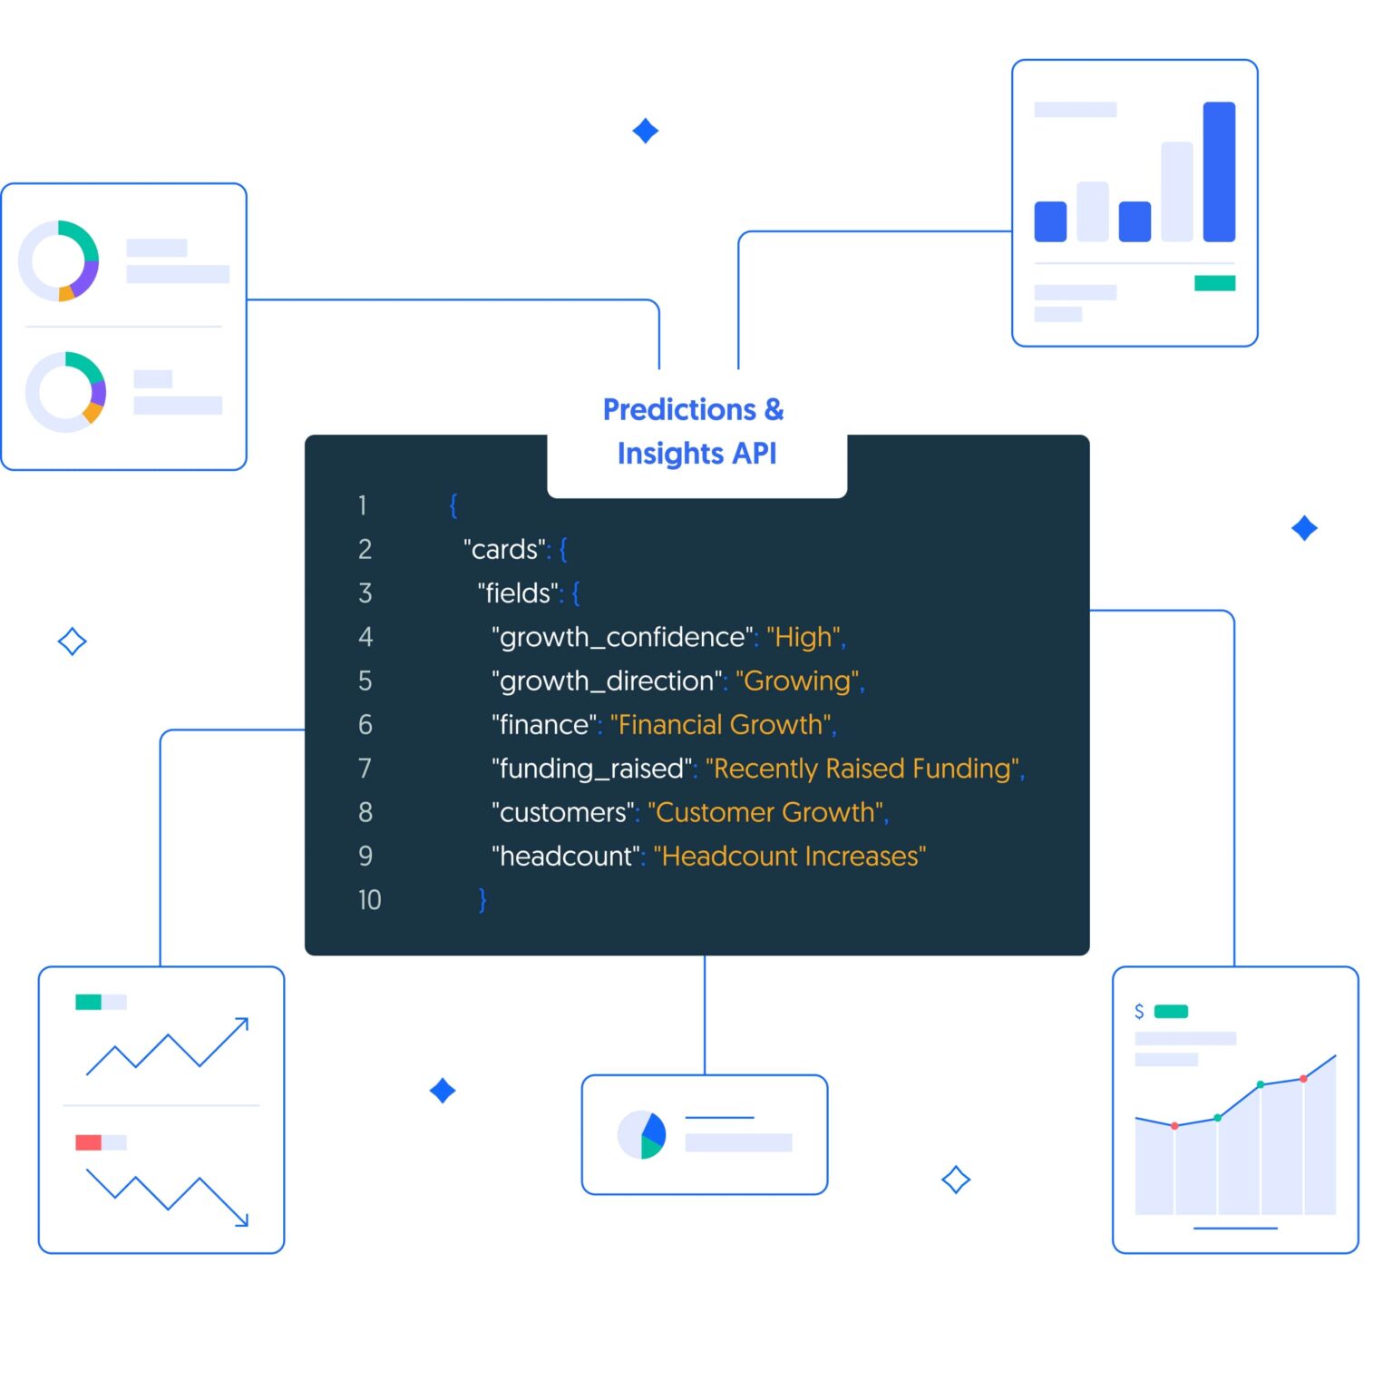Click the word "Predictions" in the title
click(679, 410)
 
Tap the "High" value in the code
click(804, 637)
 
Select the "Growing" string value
click(798, 681)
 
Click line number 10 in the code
click(369, 899)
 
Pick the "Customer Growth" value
click(765, 812)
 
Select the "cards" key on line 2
click(505, 549)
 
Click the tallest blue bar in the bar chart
click(1219, 171)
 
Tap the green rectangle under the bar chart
click(1214, 283)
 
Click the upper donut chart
click(59, 260)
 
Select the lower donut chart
click(66, 392)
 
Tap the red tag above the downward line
click(88, 1142)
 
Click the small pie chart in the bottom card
click(642, 1134)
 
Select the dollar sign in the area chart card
click(1139, 1011)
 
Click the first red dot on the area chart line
click(1174, 1126)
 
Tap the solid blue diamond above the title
click(645, 131)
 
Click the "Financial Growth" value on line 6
click(721, 724)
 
